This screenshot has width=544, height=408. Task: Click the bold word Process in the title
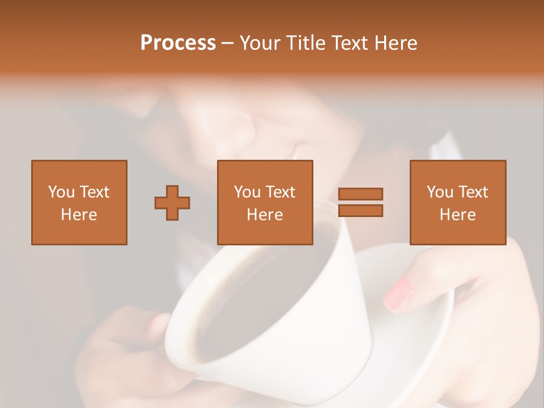tap(178, 43)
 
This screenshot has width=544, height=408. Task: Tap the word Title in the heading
tap(307, 43)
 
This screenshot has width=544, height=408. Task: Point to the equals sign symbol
tap(360, 202)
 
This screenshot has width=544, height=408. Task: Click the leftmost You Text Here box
tap(79, 202)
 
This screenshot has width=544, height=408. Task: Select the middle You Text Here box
tap(265, 202)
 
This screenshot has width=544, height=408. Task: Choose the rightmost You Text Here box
tap(457, 202)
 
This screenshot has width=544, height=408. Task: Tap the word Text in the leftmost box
tap(95, 192)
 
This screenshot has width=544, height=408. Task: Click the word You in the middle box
tap(247, 192)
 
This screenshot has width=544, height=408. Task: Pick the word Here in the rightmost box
tap(457, 215)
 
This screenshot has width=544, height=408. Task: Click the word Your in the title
tap(261, 43)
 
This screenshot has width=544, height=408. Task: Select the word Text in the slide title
tap(348, 43)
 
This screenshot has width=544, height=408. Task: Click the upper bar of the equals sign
tap(360, 194)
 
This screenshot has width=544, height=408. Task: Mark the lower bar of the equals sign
tap(360, 211)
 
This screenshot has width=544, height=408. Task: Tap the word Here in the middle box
tap(265, 215)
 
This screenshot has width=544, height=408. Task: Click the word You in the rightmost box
tap(440, 192)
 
